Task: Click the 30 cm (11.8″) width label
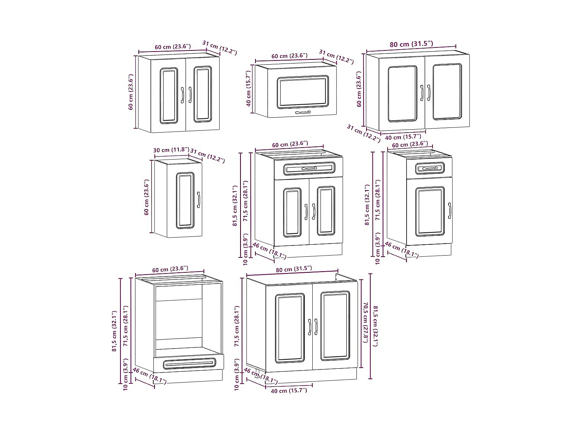[171, 150]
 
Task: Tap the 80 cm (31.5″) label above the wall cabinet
[411, 44]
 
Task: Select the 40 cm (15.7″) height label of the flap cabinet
[248, 89]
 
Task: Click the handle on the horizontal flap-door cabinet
[303, 112]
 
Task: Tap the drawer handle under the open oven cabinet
[190, 363]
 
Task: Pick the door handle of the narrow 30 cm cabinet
[198, 200]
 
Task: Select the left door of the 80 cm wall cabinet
[402, 94]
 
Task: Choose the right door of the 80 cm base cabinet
[335, 325]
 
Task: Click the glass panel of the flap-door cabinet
[303, 92]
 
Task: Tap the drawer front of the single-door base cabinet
[430, 168]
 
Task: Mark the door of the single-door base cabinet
[430, 212]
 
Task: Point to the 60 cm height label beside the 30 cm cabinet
[147, 197]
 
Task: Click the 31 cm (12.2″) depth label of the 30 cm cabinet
[208, 156]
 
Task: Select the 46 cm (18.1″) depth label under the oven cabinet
[149, 376]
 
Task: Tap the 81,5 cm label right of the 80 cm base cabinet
[376, 326]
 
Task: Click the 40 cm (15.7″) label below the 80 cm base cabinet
[289, 390]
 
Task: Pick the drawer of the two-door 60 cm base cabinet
[309, 168]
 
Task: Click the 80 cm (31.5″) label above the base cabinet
[294, 269]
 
